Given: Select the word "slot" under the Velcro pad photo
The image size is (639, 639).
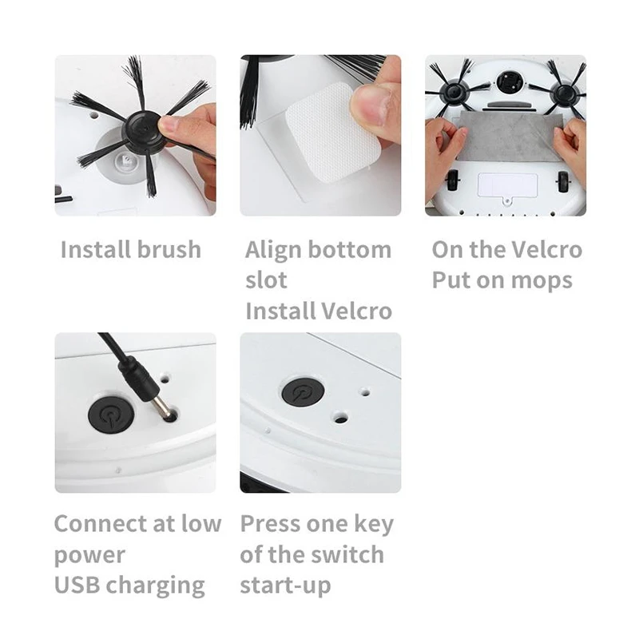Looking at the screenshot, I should pos(266,280).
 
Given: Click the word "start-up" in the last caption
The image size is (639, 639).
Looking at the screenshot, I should pos(285,585).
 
